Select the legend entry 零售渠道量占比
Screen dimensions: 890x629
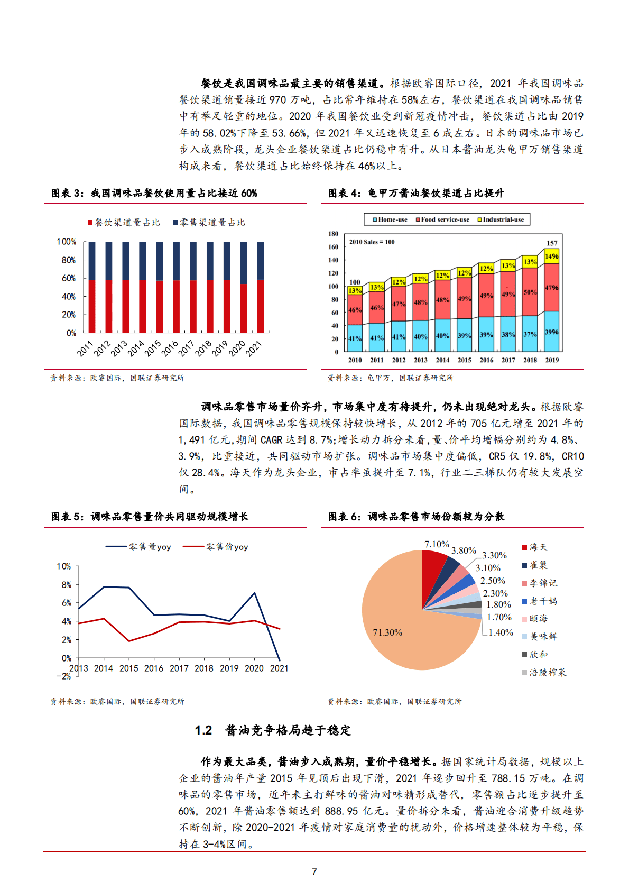tap(209, 223)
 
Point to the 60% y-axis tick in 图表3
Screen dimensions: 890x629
tap(69, 278)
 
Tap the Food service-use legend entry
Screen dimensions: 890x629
tap(442, 219)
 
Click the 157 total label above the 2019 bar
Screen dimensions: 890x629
tap(552, 243)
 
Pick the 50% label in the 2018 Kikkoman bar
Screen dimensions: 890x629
tap(530, 292)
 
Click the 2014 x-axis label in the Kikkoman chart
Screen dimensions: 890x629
tap(442, 360)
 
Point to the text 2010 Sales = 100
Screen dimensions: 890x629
tap(372, 242)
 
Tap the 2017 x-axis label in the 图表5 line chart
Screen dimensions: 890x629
tap(179, 668)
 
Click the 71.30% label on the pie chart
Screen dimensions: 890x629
tap(387, 632)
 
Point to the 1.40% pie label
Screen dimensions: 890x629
tap(501, 632)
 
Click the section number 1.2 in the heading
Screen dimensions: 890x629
tap(203, 730)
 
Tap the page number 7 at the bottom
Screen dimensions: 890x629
tap(314, 872)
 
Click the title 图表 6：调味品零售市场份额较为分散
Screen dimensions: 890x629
tap(416, 517)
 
